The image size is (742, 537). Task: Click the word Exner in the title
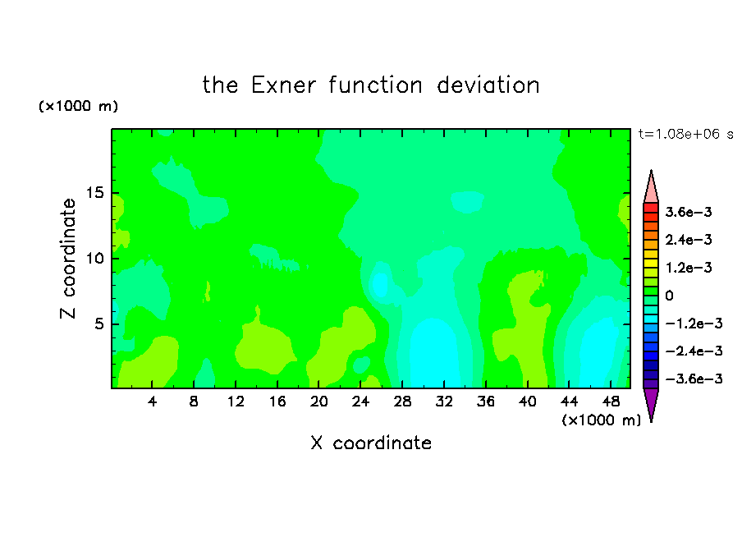click(x=283, y=85)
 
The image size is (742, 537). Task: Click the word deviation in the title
click(x=488, y=85)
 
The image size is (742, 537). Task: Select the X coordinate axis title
click(x=371, y=443)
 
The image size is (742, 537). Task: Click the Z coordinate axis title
click(x=68, y=259)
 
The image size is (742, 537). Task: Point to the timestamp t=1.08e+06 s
click(x=685, y=134)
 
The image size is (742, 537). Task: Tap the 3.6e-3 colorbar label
click(x=689, y=212)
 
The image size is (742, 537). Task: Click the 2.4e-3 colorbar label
click(x=689, y=240)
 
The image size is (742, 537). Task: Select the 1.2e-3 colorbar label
click(x=689, y=268)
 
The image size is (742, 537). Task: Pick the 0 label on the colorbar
click(x=669, y=296)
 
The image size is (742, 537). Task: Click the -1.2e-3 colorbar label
click(x=694, y=324)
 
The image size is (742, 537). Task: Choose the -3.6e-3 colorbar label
click(x=694, y=379)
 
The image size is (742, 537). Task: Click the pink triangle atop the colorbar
click(x=651, y=189)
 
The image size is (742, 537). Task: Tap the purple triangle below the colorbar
click(x=651, y=402)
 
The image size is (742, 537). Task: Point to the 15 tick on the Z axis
click(x=94, y=193)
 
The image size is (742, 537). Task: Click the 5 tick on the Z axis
click(x=98, y=324)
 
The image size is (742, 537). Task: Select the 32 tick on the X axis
click(x=444, y=402)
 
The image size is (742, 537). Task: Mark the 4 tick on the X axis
click(x=152, y=402)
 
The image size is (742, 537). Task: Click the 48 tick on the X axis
click(x=611, y=402)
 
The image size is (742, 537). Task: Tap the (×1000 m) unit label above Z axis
click(x=78, y=106)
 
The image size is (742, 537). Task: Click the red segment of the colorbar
click(x=651, y=208)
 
